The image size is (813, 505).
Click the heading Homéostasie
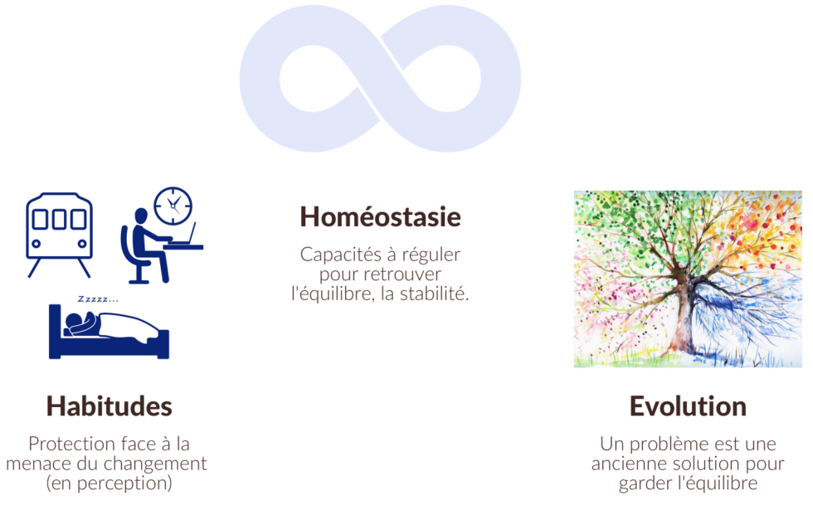coord(380,216)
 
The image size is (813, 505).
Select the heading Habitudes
coord(109,406)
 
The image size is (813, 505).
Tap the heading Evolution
coord(688,406)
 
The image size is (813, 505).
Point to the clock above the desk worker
coord(173,206)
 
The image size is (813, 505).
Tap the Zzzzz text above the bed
coord(98,299)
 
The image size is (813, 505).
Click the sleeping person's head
coord(74,320)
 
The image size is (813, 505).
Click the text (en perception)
coord(109,483)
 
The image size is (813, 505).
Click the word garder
coord(645,483)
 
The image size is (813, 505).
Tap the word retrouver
coord(403,274)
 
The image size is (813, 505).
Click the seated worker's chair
coord(134,260)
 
